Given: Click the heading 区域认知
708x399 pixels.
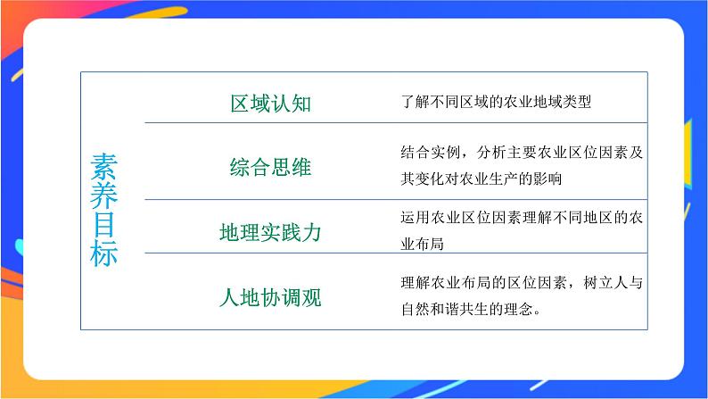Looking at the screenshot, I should click(x=270, y=103).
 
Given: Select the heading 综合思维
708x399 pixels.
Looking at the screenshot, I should click(x=270, y=167).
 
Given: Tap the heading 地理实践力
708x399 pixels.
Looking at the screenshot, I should click(x=270, y=233).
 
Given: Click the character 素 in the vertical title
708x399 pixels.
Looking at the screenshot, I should click(x=103, y=167).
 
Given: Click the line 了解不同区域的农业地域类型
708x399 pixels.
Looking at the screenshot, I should click(x=496, y=103).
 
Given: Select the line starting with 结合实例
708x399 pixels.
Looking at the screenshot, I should click(x=522, y=152).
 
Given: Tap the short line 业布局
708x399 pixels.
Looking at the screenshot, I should click(x=422, y=244).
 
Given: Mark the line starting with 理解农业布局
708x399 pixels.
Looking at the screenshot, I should click(x=522, y=285).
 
